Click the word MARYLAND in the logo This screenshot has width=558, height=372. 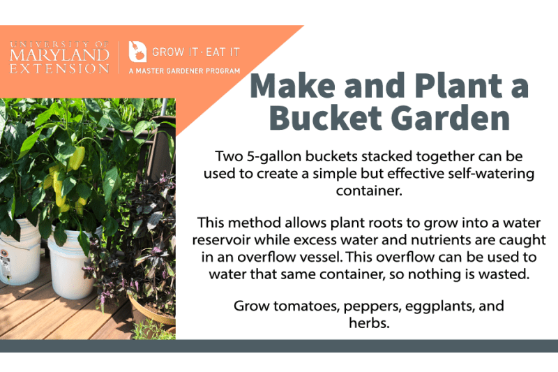tap(60, 54)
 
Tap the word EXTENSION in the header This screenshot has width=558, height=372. tap(60, 68)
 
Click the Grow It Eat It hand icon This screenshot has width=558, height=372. tap(137, 52)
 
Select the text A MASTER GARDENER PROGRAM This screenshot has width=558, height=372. tap(185, 70)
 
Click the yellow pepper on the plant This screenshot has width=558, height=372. tap(75, 159)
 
